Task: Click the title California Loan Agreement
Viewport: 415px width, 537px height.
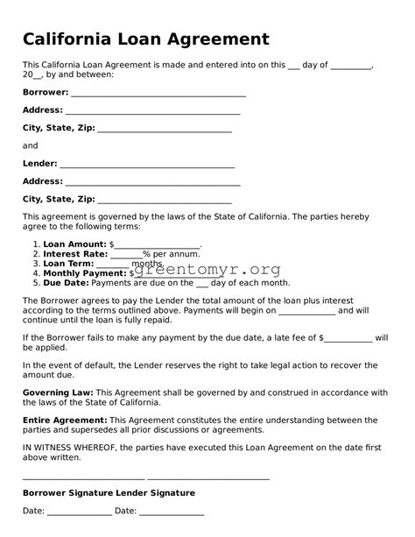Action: (x=145, y=39)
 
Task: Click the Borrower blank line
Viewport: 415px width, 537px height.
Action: (x=158, y=94)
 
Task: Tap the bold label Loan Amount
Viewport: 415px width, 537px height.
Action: (x=74, y=244)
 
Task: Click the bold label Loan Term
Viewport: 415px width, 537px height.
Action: (x=67, y=264)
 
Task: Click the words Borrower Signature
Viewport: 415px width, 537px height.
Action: (x=67, y=493)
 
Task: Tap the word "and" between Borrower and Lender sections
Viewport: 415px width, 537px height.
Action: (x=30, y=145)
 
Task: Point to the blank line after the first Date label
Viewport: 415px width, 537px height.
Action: (x=79, y=512)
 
